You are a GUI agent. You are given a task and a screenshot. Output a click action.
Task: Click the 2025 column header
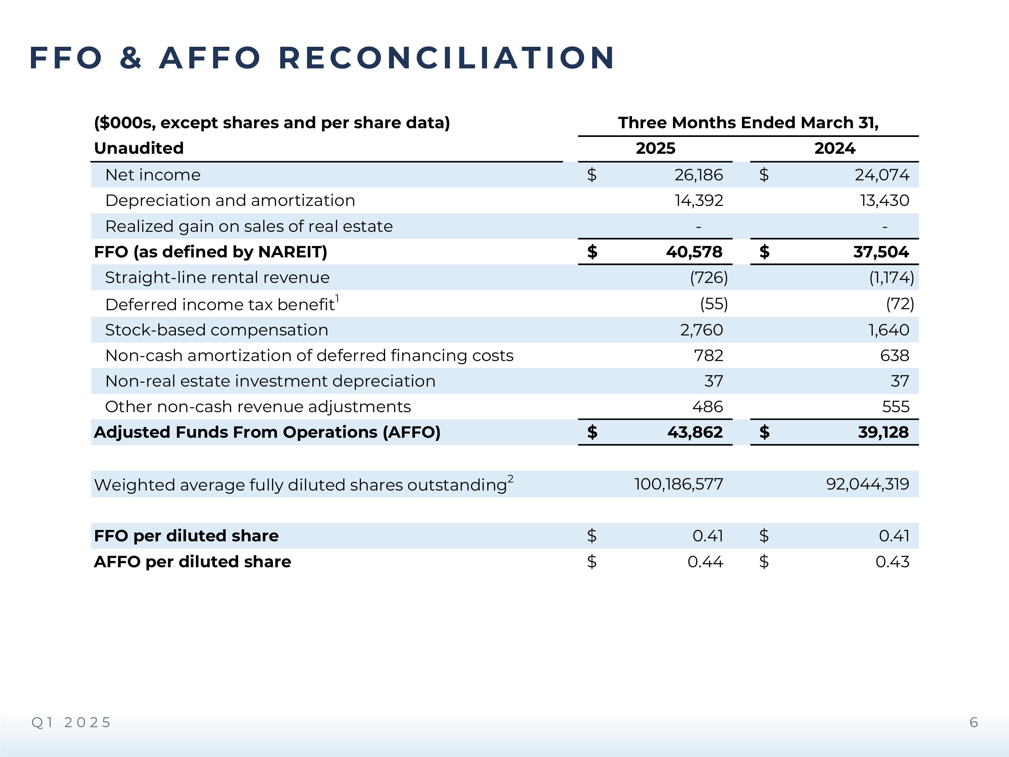pos(656,148)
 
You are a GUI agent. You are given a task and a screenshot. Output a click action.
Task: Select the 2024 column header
pos(834,148)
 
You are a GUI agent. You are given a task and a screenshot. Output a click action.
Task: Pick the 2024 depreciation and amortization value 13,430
pos(885,200)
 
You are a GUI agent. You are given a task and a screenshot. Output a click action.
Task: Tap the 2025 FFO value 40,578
pos(694,252)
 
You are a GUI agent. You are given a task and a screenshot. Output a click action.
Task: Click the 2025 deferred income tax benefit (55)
pos(714,304)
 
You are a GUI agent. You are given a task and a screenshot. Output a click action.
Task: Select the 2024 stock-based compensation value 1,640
pos(888,330)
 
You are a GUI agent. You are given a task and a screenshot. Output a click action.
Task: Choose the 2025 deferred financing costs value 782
pos(708,356)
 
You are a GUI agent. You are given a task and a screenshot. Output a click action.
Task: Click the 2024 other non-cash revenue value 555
pos(895,406)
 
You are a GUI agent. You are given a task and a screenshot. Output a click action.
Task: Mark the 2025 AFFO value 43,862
pos(695,432)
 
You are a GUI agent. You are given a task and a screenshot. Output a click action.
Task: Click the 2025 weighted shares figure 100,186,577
pos(678,484)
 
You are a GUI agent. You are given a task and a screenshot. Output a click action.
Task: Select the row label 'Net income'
pos(153,175)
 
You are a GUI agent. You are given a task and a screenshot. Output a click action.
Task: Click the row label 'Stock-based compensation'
pos(217,330)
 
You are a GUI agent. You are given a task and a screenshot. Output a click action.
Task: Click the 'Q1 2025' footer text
pos(71,722)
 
